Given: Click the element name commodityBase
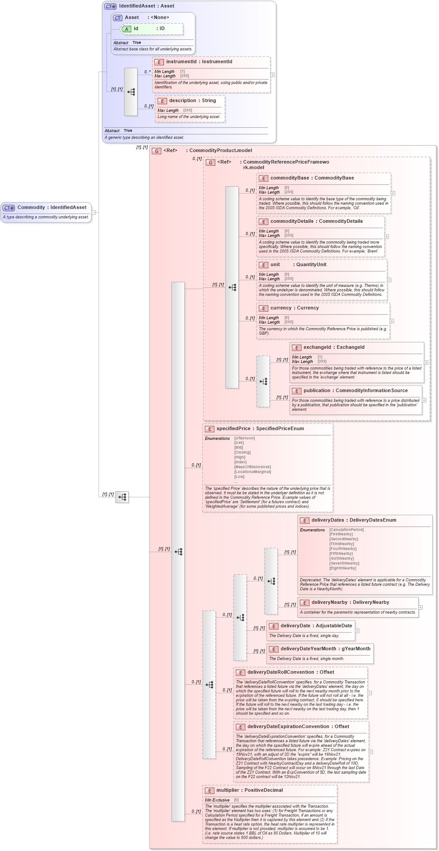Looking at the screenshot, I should click(290, 178).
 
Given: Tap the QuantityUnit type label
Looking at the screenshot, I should click(311, 265).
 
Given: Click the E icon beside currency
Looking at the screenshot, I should click(263, 309).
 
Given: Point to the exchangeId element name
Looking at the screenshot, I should click(317, 347).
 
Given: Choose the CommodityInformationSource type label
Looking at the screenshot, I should click(371, 391).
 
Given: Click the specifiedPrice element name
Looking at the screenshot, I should click(233, 429).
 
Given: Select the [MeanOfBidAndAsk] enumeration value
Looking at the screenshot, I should click(252, 467).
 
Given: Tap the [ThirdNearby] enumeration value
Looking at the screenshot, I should click(341, 544).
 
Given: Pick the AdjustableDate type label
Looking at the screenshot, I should click(334, 626).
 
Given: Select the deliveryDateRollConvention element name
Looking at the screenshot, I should click(281, 672).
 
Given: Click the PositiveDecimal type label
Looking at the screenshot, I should click(263, 790).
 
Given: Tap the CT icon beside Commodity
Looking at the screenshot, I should click(9, 208).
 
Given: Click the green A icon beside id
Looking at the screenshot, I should click(126, 29).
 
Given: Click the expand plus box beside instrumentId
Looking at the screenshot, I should click(272, 75).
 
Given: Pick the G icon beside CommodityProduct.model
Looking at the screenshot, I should click(157, 151).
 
